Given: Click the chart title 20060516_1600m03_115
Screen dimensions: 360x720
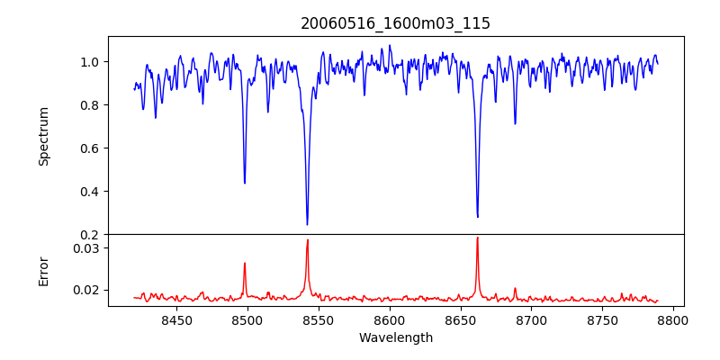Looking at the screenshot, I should [395, 23].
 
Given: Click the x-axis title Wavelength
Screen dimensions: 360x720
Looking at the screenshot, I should [395, 337].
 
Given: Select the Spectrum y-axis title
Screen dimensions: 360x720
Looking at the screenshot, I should [43, 136].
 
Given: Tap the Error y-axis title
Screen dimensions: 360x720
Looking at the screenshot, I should [43, 270].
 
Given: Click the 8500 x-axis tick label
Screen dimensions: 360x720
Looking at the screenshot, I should [247, 319].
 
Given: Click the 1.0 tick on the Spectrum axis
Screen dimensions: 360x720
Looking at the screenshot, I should [90, 62].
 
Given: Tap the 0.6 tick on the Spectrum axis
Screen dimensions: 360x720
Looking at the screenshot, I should [90, 148].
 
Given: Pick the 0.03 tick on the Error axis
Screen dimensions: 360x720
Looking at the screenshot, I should [86, 247].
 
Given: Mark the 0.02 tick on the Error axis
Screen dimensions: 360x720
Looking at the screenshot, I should [86, 290].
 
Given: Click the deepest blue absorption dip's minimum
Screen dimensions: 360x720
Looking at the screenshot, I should [307, 224].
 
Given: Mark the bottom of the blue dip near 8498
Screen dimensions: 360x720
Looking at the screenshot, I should [245, 183].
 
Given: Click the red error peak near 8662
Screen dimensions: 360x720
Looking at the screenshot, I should [477, 238].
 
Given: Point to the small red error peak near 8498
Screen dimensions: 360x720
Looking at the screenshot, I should [244, 263].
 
